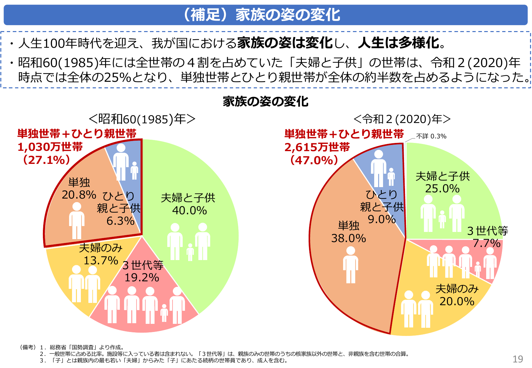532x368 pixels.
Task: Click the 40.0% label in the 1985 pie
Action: (190, 211)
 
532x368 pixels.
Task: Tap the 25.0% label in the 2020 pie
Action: (442, 189)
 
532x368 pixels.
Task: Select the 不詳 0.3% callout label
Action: (431, 136)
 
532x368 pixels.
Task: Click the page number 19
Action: (518, 359)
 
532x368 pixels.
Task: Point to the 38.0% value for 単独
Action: (348, 238)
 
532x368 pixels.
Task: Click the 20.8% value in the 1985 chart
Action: (79, 195)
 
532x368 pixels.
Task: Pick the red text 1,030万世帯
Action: (50, 147)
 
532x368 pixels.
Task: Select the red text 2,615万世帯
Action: (317, 147)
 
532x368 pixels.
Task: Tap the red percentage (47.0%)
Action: (314, 160)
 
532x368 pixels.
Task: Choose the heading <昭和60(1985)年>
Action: (142, 119)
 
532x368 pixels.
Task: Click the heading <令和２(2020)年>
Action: (402, 119)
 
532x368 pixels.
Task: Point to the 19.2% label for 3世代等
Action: (142, 278)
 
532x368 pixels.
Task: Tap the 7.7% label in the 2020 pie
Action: (486, 243)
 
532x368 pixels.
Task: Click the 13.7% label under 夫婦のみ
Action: (101, 261)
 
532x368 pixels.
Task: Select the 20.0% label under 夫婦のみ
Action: (457, 301)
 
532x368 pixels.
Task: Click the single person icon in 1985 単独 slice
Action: (77, 220)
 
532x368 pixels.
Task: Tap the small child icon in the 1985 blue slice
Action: (134, 170)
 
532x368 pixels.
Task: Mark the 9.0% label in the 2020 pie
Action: (382, 219)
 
